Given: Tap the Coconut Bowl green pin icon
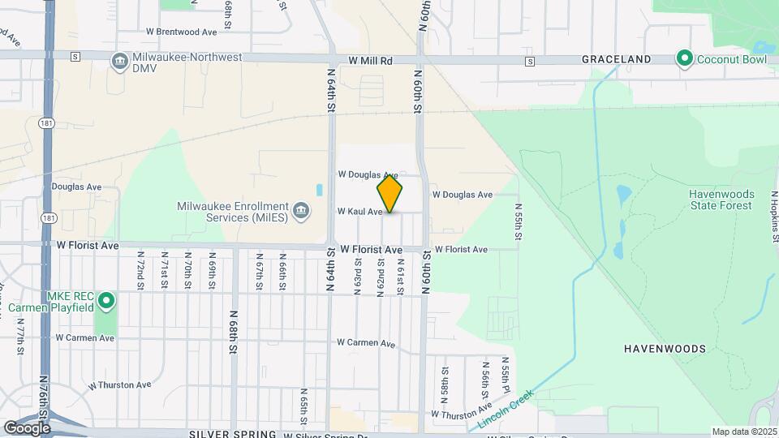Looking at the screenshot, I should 684,58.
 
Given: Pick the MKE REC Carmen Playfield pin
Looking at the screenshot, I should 105,303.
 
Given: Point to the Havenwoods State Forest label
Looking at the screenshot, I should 721,200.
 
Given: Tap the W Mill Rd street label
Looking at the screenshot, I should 371,61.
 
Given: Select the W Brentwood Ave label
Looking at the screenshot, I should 182,32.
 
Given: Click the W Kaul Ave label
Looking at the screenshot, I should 359,212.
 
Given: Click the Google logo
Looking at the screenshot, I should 27,427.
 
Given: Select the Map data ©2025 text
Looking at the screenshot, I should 743,432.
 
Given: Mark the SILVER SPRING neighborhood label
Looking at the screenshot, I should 232,434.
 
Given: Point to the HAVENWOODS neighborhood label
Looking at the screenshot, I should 665,349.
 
